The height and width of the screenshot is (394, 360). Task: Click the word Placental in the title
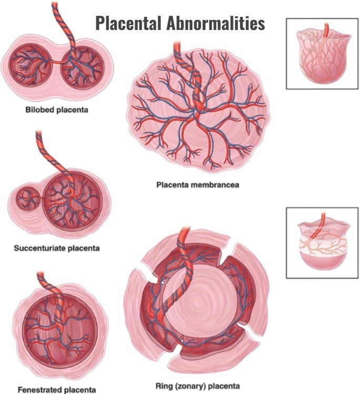[128, 23]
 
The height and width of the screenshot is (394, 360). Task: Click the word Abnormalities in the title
[215, 23]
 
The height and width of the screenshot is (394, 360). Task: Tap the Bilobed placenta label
[57, 110]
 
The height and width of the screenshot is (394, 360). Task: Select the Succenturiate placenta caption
[57, 248]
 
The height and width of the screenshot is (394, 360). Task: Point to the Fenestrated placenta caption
[57, 390]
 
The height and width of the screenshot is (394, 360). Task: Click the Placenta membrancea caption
[198, 185]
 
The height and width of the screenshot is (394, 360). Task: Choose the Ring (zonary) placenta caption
[198, 386]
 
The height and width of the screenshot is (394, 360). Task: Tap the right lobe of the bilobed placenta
[83, 67]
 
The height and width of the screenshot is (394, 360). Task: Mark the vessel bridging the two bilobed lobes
[57, 62]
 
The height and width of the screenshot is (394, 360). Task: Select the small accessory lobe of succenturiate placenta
[28, 198]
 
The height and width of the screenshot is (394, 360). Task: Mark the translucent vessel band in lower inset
[323, 243]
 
